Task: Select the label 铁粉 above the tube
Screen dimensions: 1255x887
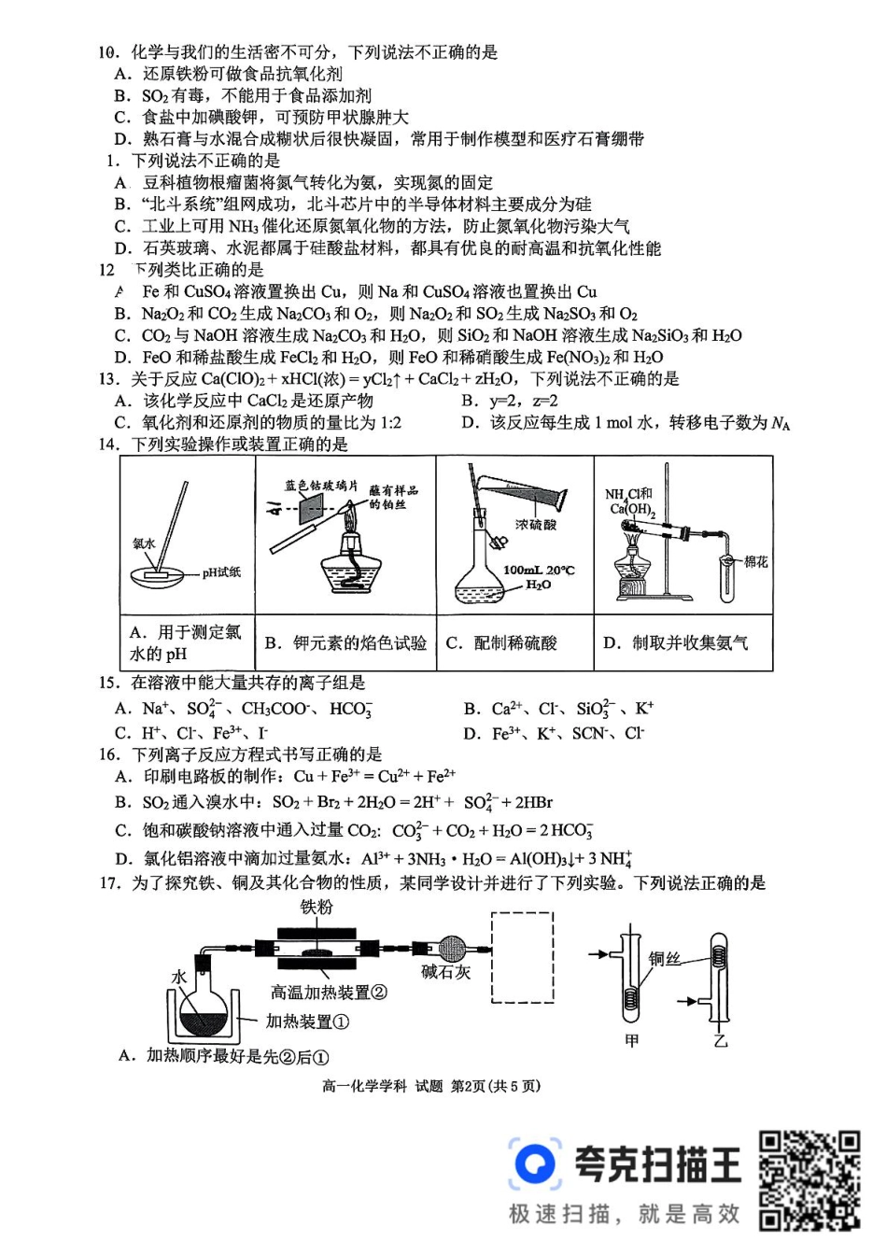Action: coord(317,908)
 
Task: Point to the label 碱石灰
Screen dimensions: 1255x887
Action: coord(445,972)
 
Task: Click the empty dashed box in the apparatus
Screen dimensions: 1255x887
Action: coord(522,957)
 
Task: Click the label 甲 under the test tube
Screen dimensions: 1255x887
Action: coord(631,1040)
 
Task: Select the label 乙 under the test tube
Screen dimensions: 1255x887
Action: coord(720,1040)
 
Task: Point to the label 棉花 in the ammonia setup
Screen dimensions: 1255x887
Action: coord(755,561)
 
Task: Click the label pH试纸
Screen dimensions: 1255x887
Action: coord(220,572)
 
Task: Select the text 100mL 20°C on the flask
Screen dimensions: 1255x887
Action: coord(539,570)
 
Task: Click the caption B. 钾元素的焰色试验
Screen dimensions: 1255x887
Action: coord(345,643)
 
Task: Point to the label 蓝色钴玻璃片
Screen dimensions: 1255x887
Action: coord(320,486)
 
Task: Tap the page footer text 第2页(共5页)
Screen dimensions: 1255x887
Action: coord(495,1086)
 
